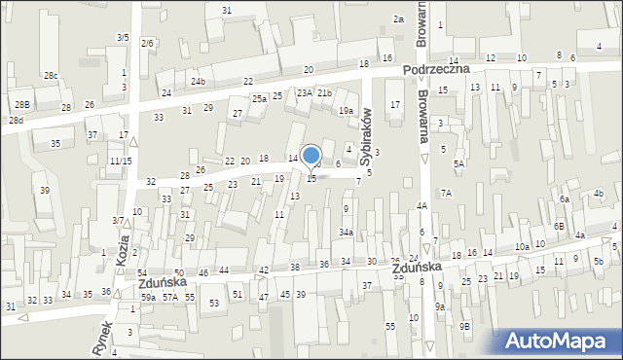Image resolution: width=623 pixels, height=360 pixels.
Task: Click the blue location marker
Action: click(311, 157)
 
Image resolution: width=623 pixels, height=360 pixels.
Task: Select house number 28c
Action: click(51, 76)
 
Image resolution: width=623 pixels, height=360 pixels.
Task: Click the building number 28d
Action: click(16, 120)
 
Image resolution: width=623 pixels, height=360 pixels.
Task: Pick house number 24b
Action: click(198, 81)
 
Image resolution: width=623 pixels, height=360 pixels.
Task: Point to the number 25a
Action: click(259, 99)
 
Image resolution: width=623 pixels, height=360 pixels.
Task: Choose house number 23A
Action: click(305, 92)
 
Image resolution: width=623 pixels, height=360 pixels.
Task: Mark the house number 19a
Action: click(346, 111)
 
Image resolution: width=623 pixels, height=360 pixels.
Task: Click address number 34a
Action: click(346, 233)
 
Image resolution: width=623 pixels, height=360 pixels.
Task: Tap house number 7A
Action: click(446, 194)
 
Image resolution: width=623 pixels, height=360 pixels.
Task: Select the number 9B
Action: click(464, 326)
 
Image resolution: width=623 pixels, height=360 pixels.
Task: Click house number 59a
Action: click(148, 297)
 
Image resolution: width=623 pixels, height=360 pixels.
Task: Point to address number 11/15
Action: click(121, 161)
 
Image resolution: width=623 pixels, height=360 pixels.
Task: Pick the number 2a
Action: click(398, 19)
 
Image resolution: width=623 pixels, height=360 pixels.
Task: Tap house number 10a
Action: click(523, 247)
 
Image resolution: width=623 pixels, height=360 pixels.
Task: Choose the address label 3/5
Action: click(123, 37)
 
